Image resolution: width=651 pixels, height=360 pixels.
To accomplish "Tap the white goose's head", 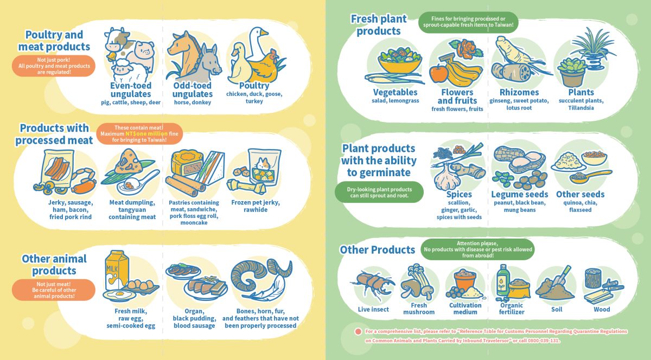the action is [x=259, y=32].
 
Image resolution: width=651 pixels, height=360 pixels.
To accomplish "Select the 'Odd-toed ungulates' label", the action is [x=193, y=90].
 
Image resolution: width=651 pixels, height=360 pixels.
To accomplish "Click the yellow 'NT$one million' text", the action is [x=146, y=134].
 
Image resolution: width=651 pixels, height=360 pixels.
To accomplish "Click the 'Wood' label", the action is [x=602, y=309].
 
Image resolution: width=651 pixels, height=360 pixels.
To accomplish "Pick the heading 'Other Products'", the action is [x=377, y=249].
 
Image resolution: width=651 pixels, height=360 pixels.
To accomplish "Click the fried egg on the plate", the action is [x=119, y=295].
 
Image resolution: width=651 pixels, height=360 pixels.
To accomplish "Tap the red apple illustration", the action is [x=438, y=73].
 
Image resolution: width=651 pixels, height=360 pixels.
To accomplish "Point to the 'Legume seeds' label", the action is [x=519, y=194].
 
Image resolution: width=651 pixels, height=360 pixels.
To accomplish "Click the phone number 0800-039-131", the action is [x=543, y=340].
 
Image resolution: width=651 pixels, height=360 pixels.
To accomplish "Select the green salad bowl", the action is [x=400, y=61].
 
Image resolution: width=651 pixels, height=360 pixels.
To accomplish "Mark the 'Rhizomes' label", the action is [x=519, y=92].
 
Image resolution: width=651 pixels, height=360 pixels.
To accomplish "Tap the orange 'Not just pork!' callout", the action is [x=54, y=66].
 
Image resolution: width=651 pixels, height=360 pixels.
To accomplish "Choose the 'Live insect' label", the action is [x=373, y=309].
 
